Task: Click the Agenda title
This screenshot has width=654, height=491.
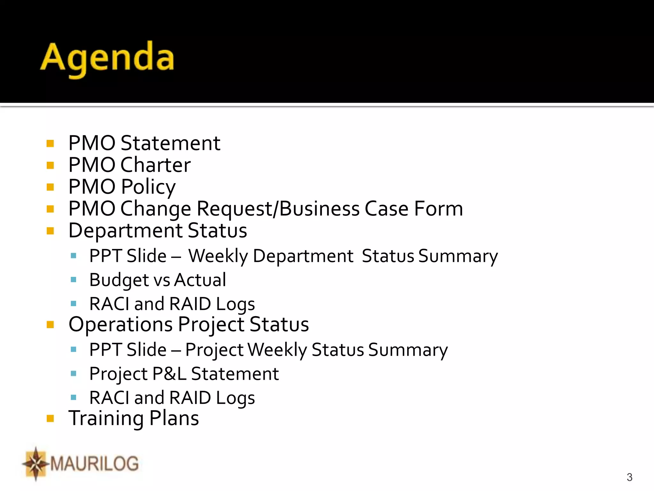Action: [107, 58]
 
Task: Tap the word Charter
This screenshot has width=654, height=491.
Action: [156, 165]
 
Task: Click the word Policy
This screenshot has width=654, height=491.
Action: [148, 187]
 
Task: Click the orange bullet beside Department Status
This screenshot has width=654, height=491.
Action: [50, 231]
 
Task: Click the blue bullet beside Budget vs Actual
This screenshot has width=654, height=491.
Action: [73, 280]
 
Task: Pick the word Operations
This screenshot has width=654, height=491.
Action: [120, 324]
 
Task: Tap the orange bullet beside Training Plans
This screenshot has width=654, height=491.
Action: [50, 418]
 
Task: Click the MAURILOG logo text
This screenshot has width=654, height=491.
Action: [94, 464]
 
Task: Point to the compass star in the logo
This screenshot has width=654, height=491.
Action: [36, 464]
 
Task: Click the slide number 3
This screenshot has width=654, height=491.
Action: [629, 477]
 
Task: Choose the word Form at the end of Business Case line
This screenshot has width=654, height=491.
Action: [438, 209]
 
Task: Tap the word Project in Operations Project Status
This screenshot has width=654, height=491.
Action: [211, 325]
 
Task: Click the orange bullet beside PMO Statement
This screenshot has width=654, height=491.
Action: [50, 143]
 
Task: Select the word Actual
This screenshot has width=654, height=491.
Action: [200, 280]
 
